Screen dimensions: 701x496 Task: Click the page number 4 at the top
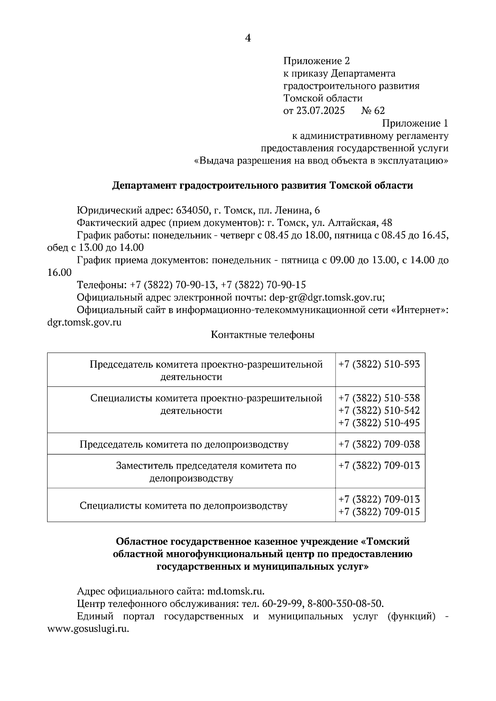point(248,38)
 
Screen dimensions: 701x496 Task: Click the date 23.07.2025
point(321,111)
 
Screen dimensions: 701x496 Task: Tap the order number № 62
point(373,111)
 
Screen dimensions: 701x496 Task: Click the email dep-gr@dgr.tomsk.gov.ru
point(327,298)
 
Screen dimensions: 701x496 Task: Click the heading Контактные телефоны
point(262,335)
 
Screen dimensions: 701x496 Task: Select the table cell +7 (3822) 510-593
point(379,365)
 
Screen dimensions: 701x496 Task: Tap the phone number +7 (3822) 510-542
point(379,410)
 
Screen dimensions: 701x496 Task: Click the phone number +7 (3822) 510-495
point(379,423)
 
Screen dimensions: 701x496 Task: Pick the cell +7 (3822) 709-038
point(379,445)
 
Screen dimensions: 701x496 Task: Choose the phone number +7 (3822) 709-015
point(379,512)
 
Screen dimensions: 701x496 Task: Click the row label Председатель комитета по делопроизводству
point(184,445)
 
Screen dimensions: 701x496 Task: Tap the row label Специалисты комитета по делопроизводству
point(184,506)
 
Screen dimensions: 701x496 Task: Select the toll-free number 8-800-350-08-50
point(346,604)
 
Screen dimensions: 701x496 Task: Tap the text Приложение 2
point(316,61)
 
